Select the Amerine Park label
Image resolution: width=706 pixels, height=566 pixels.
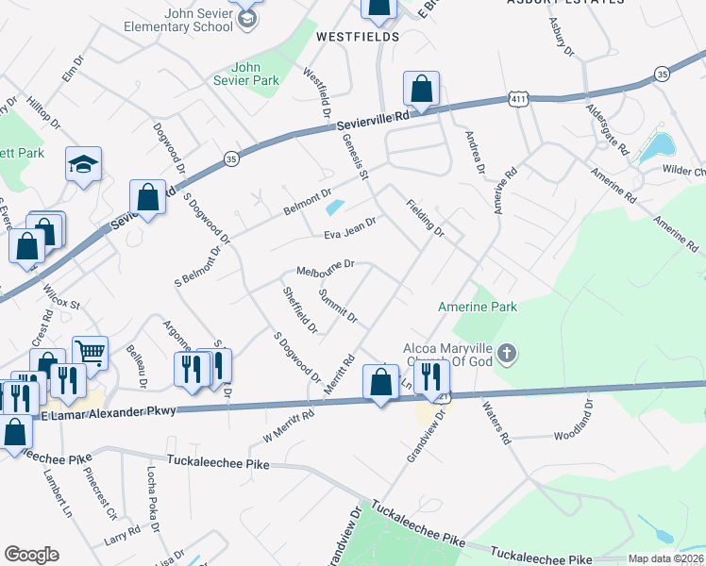click(478, 307)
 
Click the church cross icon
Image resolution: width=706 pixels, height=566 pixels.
click(507, 354)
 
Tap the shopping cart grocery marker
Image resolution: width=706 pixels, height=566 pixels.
click(90, 353)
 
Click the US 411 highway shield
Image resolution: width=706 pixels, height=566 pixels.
click(517, 98)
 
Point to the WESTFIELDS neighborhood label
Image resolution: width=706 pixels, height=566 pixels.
click(344, 37)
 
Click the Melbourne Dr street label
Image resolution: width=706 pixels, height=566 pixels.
click(325, 268)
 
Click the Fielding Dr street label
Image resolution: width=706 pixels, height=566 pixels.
click(425, 217)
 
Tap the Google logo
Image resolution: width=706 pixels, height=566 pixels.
click(31, 555)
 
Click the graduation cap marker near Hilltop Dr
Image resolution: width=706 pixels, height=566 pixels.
click(83, 164)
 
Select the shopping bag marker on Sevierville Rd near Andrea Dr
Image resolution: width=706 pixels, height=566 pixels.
click(421, 90)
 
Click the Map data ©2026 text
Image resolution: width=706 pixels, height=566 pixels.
click(665, 558)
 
